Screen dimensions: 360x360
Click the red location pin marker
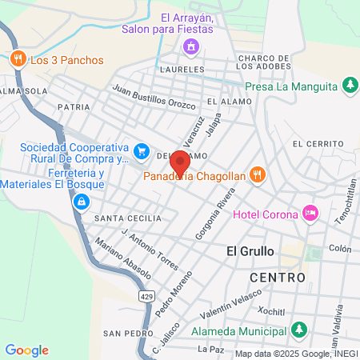(x=180, y=161)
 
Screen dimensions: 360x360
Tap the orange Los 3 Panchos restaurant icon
(x=17, y=59)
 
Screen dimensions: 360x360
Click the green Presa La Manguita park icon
(x=350, y=84)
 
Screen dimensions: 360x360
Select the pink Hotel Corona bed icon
(x=310, y=214)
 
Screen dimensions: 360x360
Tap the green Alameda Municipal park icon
(x=298, y=329)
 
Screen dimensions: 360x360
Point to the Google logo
(x=26, y=350)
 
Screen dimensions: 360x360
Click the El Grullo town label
(x=250, y=250)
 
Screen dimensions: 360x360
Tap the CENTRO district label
(x=277, y=277)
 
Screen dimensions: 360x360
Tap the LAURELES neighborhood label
(x=182, y=70)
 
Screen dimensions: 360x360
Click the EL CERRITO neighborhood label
(x=318, y=143)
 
